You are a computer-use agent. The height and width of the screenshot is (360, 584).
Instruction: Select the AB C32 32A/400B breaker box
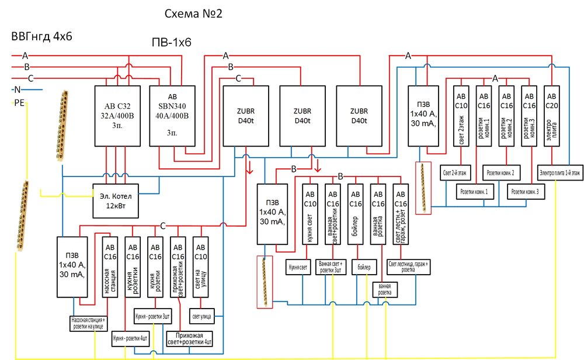click(119, 116)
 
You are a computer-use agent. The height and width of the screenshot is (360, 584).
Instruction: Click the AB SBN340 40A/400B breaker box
click(172, 116)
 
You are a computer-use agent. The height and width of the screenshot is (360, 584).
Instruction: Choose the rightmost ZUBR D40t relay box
click(359, 116)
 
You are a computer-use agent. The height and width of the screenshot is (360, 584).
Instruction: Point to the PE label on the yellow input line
click(19, 103)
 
